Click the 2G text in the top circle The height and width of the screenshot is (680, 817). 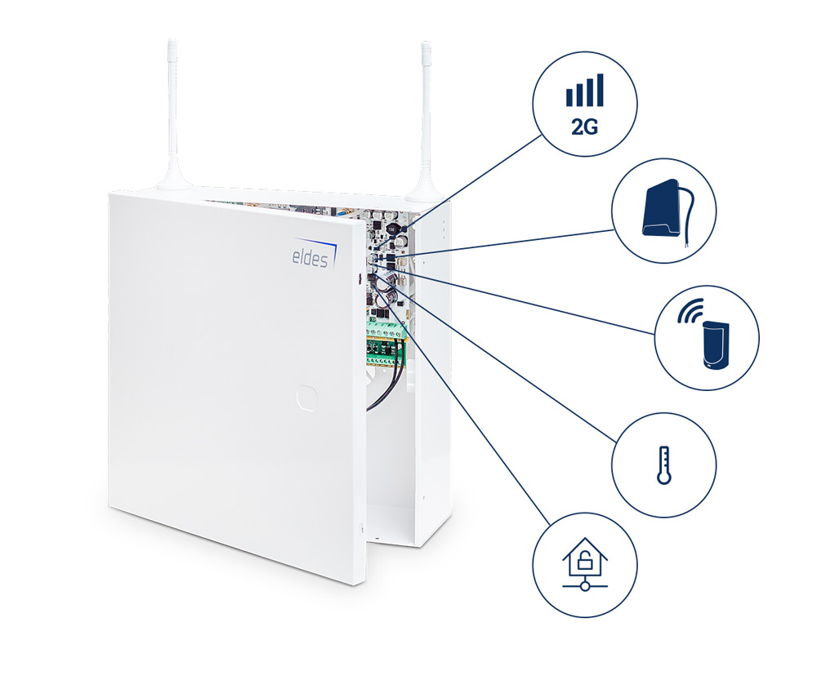584,126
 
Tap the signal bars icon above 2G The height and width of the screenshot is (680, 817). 584,91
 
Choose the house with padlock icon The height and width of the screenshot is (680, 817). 584,565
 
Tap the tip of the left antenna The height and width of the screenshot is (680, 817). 172,42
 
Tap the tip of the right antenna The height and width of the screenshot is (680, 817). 425,46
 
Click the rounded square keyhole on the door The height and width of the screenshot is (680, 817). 306,396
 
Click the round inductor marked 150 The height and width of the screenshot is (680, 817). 391,229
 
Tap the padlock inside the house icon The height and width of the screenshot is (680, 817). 584,562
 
